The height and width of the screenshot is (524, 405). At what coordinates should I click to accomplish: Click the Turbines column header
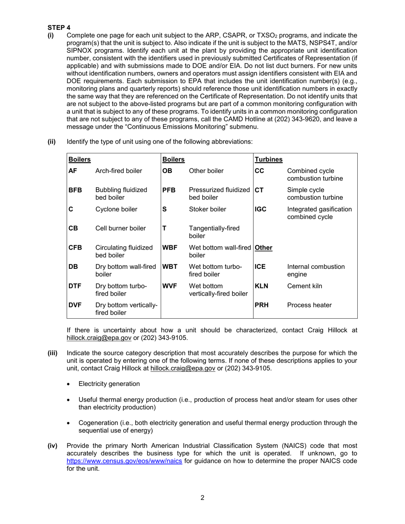tap(269, 159)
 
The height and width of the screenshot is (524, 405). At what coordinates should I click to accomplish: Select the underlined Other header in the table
tap(263, 248)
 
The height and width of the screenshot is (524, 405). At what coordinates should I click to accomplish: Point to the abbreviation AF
tap(73, 171)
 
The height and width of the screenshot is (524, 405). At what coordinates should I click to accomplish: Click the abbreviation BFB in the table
tap(75, 190)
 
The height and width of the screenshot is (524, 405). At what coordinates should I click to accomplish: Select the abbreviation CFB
tap(75, 248)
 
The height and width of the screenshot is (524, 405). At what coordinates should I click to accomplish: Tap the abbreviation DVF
tap(75, 305)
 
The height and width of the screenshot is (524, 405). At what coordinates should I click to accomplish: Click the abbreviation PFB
tap(169, 190)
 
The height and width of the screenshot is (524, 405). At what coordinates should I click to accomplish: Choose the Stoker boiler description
tap(208, 209)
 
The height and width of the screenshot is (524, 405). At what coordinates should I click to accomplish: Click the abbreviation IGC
tap(261, 209)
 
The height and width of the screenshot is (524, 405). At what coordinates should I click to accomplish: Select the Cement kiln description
tap(305, 286)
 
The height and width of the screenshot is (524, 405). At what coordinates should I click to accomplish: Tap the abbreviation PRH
tap(261, 305)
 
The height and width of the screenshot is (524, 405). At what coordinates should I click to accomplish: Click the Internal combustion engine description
tap(316, 271)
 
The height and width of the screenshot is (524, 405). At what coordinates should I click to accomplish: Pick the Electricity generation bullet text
tap(109, 384)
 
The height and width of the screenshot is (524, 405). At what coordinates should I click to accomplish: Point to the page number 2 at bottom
tap(202, 498)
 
